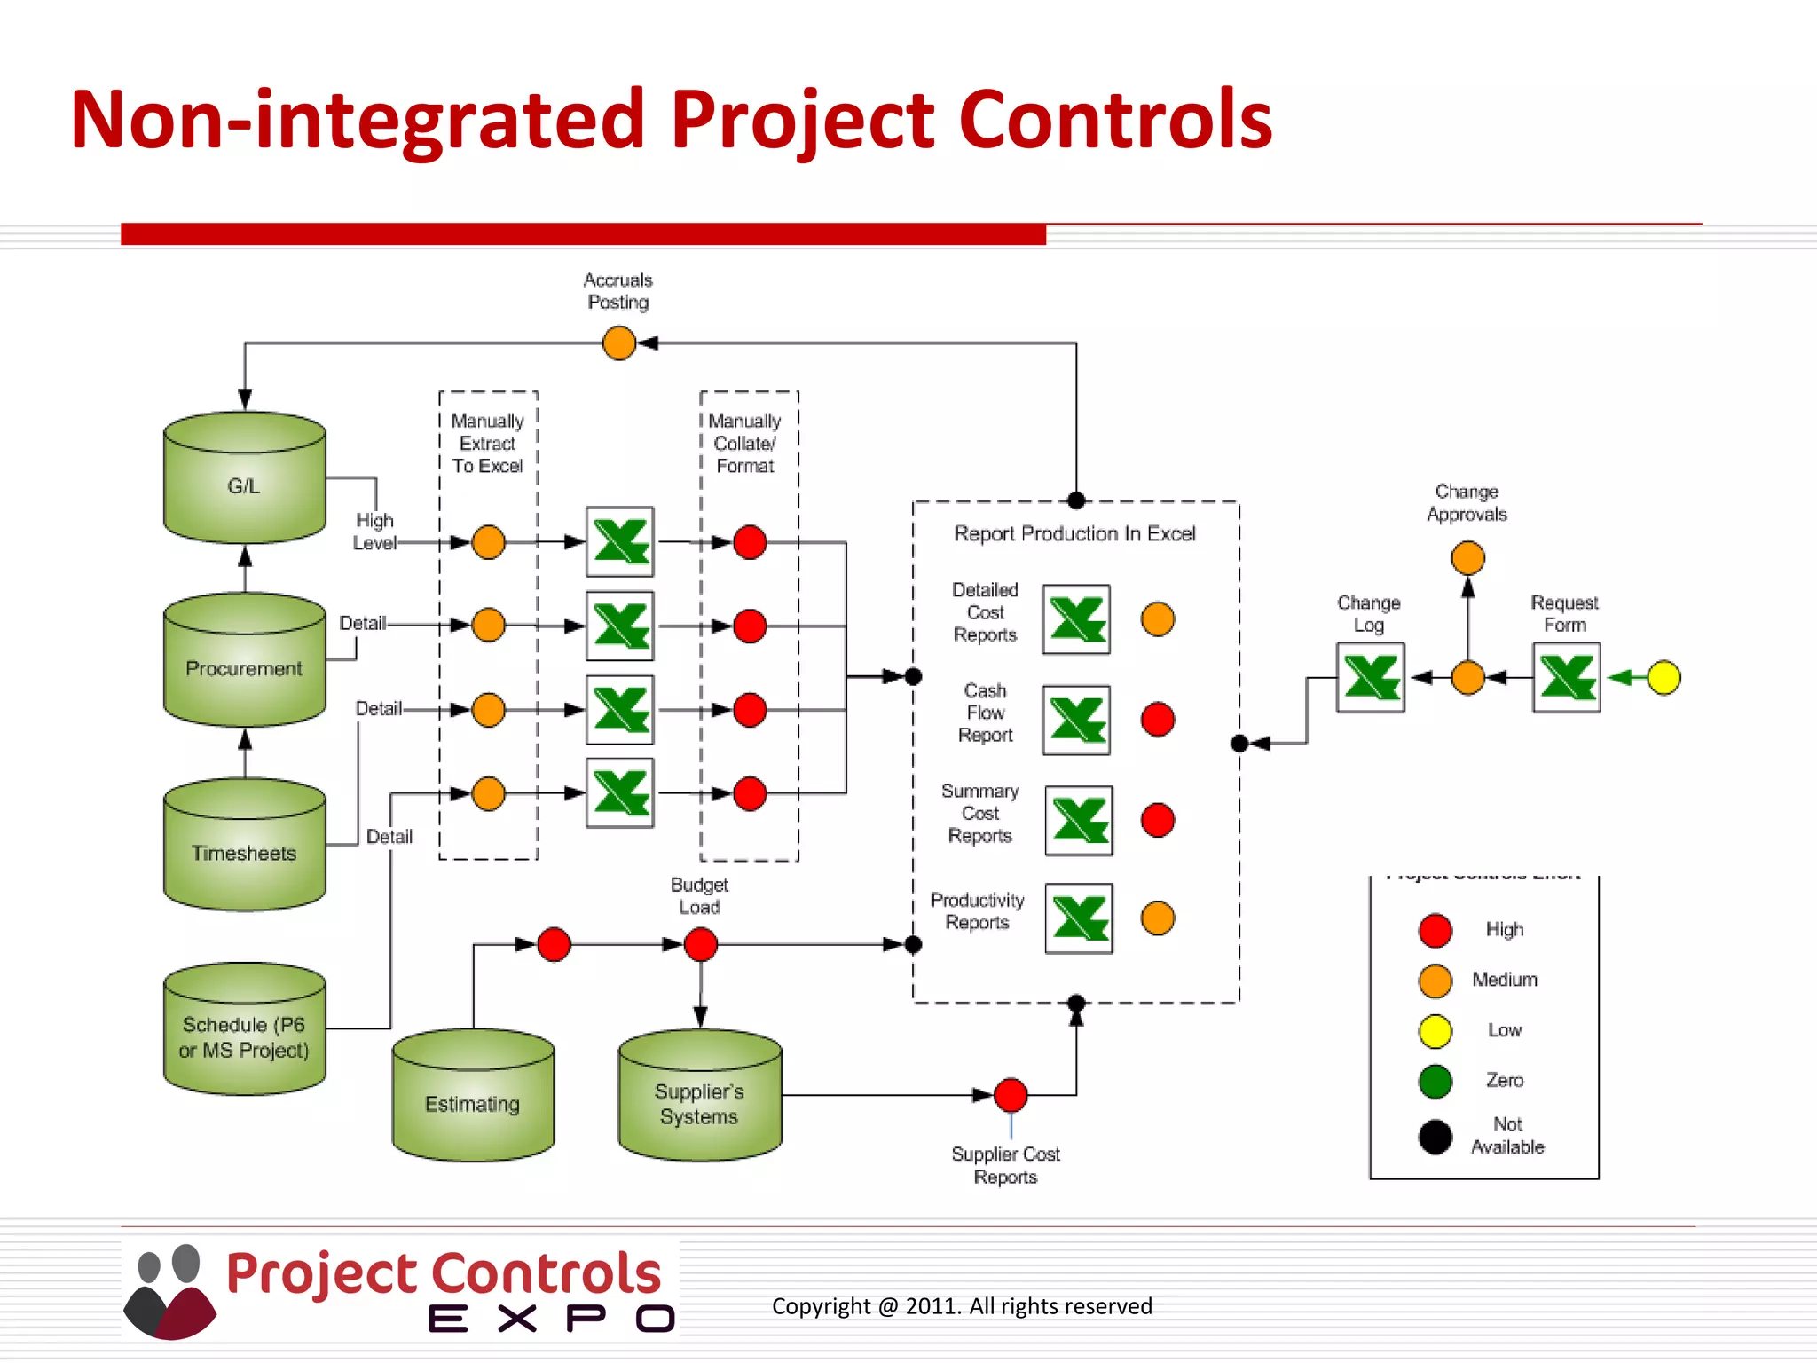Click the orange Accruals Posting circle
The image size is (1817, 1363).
click(618, 343)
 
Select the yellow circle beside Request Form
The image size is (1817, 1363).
click(1664, 678)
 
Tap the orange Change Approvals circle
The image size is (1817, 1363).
click(1467, 558)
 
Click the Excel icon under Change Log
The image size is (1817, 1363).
click(1371, 678)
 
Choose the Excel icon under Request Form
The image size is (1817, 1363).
click(1567, 678)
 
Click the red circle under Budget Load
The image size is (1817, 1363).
click(701, 944)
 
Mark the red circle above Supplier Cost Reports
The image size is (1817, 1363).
click(1011, 1095)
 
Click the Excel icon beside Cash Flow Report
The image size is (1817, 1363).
click(1076, 720)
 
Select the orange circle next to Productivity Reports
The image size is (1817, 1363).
click(1158, 918)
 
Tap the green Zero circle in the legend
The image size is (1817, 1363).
click(1436, 1081)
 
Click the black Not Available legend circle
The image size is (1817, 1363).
click(1436, 1137)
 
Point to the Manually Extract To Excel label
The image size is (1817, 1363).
click(488, 443)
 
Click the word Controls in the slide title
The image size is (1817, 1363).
click(1115, 119)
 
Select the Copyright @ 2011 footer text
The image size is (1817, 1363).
click(962, 1306)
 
